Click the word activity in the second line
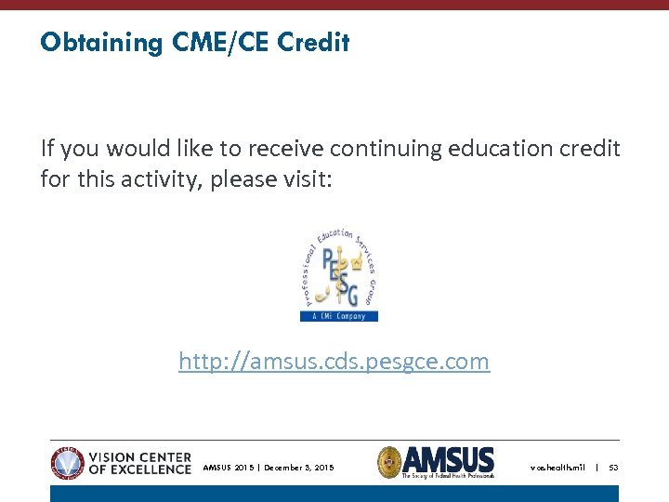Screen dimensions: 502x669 tap(163, 178)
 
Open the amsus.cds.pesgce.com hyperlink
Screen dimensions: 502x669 tap(334, 361)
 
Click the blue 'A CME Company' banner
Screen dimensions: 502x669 tap(338, 316)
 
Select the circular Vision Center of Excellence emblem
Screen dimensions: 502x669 tap(68, 462)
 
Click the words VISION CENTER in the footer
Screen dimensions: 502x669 tap(139, 457)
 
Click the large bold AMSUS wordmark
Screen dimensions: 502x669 tap(450, 458)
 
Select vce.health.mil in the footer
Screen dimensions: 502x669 tap(557, 468)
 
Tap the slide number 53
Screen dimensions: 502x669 tap(613, 468)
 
